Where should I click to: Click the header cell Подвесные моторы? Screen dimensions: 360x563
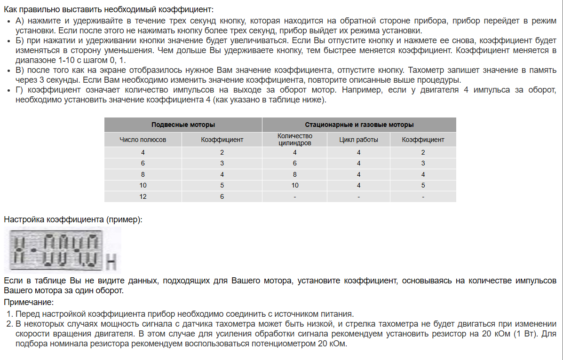tap(183, 125)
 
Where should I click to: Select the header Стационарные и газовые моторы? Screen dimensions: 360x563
tap(359, 125)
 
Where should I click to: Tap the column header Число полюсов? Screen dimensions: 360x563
tap(143, 140)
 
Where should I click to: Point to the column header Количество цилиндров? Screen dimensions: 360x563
tap(294, 140)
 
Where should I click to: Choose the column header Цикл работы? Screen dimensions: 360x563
tap(358, 140)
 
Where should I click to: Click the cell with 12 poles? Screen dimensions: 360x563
tap(143, 196)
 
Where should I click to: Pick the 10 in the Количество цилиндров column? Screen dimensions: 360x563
tap(294, 185)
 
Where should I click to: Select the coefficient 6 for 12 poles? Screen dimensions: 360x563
tap(222, 196)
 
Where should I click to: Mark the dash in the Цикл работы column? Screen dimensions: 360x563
tap(358, 196)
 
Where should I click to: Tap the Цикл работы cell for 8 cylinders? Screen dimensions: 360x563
tap(358, 174)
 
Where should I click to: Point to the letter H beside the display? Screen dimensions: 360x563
tap(111, 262)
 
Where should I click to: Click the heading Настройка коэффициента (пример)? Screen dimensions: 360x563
tap(73, 219)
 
